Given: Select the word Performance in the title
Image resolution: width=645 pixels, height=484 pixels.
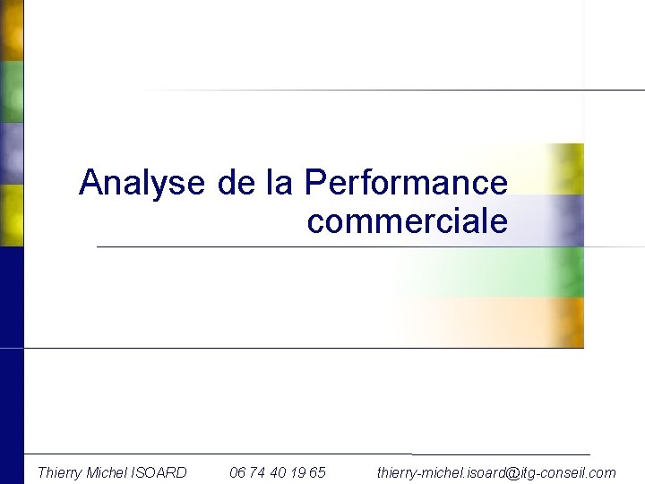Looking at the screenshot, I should [406, 183].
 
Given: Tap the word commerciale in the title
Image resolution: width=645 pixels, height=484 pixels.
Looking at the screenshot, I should [407, 220].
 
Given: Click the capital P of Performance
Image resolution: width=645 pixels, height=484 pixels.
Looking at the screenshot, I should [313, 183].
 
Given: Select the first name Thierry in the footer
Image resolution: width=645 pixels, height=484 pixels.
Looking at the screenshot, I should [59, 471].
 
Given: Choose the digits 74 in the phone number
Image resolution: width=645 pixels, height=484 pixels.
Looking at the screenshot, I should [261, 471].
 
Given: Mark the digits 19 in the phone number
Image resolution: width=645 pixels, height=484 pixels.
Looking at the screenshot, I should [297, 471].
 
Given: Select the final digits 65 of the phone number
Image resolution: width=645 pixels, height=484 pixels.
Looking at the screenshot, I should [317, 471].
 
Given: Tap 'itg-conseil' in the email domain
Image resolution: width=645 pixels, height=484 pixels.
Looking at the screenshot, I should [555, 471].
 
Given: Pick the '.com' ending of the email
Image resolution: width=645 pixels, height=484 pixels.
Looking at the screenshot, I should [603, 471].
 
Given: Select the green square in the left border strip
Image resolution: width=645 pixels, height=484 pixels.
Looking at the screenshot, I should [11, 92].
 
